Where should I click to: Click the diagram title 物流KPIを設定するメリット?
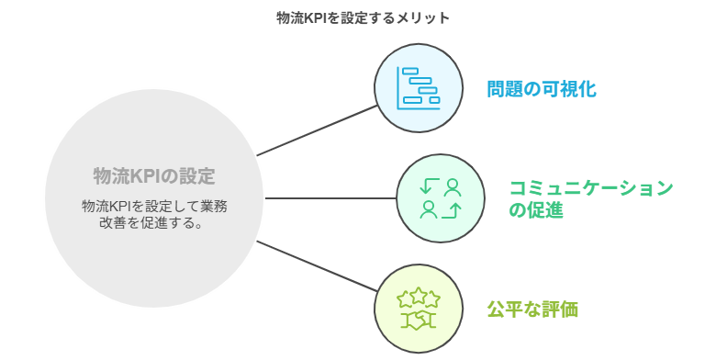point(363,17)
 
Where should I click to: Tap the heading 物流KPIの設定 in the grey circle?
point(154,175)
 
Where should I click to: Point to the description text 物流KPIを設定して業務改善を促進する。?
point(154,215)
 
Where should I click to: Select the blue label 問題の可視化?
point(542,89)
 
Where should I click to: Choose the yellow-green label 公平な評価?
point(532,309)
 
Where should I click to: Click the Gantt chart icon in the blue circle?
point(418,88)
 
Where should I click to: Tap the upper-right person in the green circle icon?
point(452,187)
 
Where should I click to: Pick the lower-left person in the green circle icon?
point(428,210)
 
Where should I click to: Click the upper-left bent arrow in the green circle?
point(427,187)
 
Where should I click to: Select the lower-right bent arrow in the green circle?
point(452,211)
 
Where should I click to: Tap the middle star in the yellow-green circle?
point(419,296)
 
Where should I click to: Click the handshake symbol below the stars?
point(419,320)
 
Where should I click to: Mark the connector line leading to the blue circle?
point(317,129)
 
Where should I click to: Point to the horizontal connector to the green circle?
point(330,198)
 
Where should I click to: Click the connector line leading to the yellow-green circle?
point(317,267)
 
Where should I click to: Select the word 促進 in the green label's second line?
point(550,210)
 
